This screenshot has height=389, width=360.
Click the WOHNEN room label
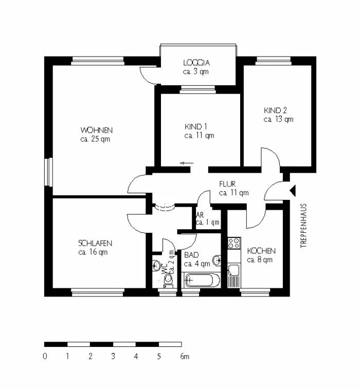[96, 130]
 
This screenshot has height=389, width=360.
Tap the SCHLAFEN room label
[95, 243]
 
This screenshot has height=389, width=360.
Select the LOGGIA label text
[196, 63]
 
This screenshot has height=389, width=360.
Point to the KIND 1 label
[195, 126]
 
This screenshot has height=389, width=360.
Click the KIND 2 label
[275, 110]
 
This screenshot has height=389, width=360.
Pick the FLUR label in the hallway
[227, 184]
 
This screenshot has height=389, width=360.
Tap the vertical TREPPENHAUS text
[303, 226]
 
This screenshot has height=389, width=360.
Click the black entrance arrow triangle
[293, 191]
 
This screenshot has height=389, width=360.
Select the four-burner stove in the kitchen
[234, 243]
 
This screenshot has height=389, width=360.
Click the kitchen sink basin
[234, 270]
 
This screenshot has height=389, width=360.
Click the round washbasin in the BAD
[217, 260]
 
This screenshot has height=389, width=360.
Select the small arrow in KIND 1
[187, 163]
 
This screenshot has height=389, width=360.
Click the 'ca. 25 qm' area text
[95, 139]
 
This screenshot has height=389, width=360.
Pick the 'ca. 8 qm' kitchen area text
[260, 260]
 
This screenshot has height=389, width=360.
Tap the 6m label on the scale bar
[185, 357]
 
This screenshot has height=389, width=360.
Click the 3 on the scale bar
[113, 357]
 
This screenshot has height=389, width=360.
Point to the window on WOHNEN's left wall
[49, 172]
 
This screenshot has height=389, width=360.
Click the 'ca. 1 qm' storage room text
[208, 223]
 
